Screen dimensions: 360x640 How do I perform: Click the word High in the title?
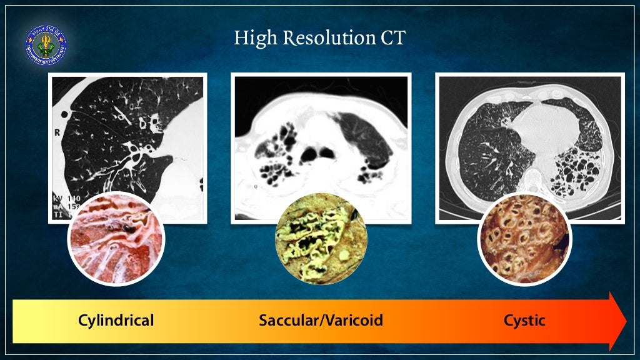255,39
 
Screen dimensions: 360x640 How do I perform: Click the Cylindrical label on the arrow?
116,321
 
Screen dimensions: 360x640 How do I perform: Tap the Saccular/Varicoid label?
321,321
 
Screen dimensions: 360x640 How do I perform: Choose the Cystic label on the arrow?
524,321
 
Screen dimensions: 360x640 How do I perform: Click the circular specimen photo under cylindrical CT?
116,239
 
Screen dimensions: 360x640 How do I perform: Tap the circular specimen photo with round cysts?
524,239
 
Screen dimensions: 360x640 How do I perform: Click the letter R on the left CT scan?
57,133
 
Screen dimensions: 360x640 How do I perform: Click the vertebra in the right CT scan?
532,181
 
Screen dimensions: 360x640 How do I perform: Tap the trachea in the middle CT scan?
310,152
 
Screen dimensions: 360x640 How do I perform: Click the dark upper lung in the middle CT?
362,134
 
